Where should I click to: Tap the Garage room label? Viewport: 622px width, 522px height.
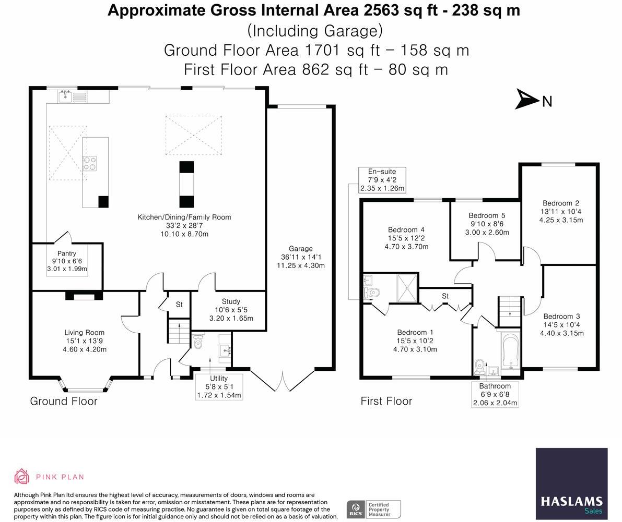pyautogui.click(x=301, y=249)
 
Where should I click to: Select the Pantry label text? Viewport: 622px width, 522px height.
pyautogui.click(x=67, y=253)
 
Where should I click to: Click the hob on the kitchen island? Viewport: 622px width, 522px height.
pyautogui.click(x=90, y=163)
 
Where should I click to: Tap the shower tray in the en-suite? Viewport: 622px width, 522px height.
pyautogui.click(x=407, y=287)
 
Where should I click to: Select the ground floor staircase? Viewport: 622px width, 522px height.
pyautogui.click(x=179, y=331)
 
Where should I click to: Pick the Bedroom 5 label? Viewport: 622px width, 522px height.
pyautogui.click(x=487, y=215)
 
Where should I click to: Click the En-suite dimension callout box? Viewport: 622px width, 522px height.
pyautogui.click(x=382, y=180)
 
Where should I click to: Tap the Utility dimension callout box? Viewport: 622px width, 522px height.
pyautogui.click(x=219, y=386)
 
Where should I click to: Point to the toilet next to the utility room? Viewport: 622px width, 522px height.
pyautogui.click(x=198, y=342)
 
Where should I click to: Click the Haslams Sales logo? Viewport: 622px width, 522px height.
pyautogui.click(x=572, y=483)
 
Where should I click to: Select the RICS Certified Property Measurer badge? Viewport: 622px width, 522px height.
pyautogui.click(x=374, y=509)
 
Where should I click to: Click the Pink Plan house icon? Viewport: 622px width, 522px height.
pyautogui.click(x=21, y=477)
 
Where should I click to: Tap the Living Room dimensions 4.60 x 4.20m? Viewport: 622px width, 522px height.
pyautogui.click(x=85, y=349)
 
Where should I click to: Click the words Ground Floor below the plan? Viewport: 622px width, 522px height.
pyautogui.click(x=64, y=401)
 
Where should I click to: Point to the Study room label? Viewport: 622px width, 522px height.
pyautogui.click(x=231, y=301)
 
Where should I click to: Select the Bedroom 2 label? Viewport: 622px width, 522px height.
pyautogui.click(x=561, y=203)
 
